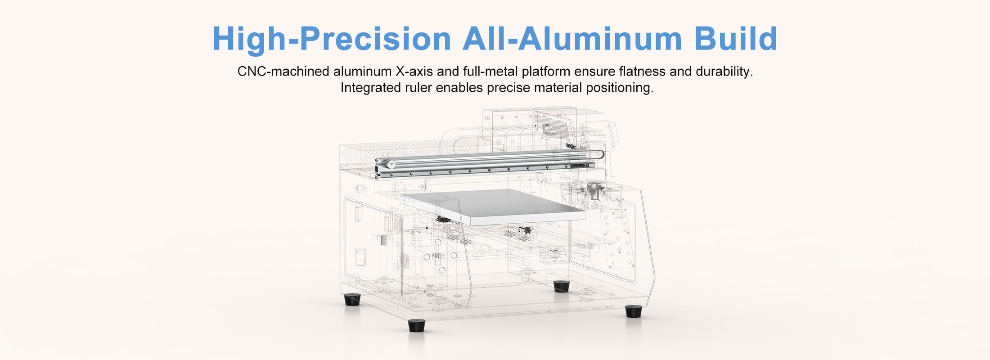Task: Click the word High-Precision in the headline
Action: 332,39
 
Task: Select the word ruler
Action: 418,88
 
